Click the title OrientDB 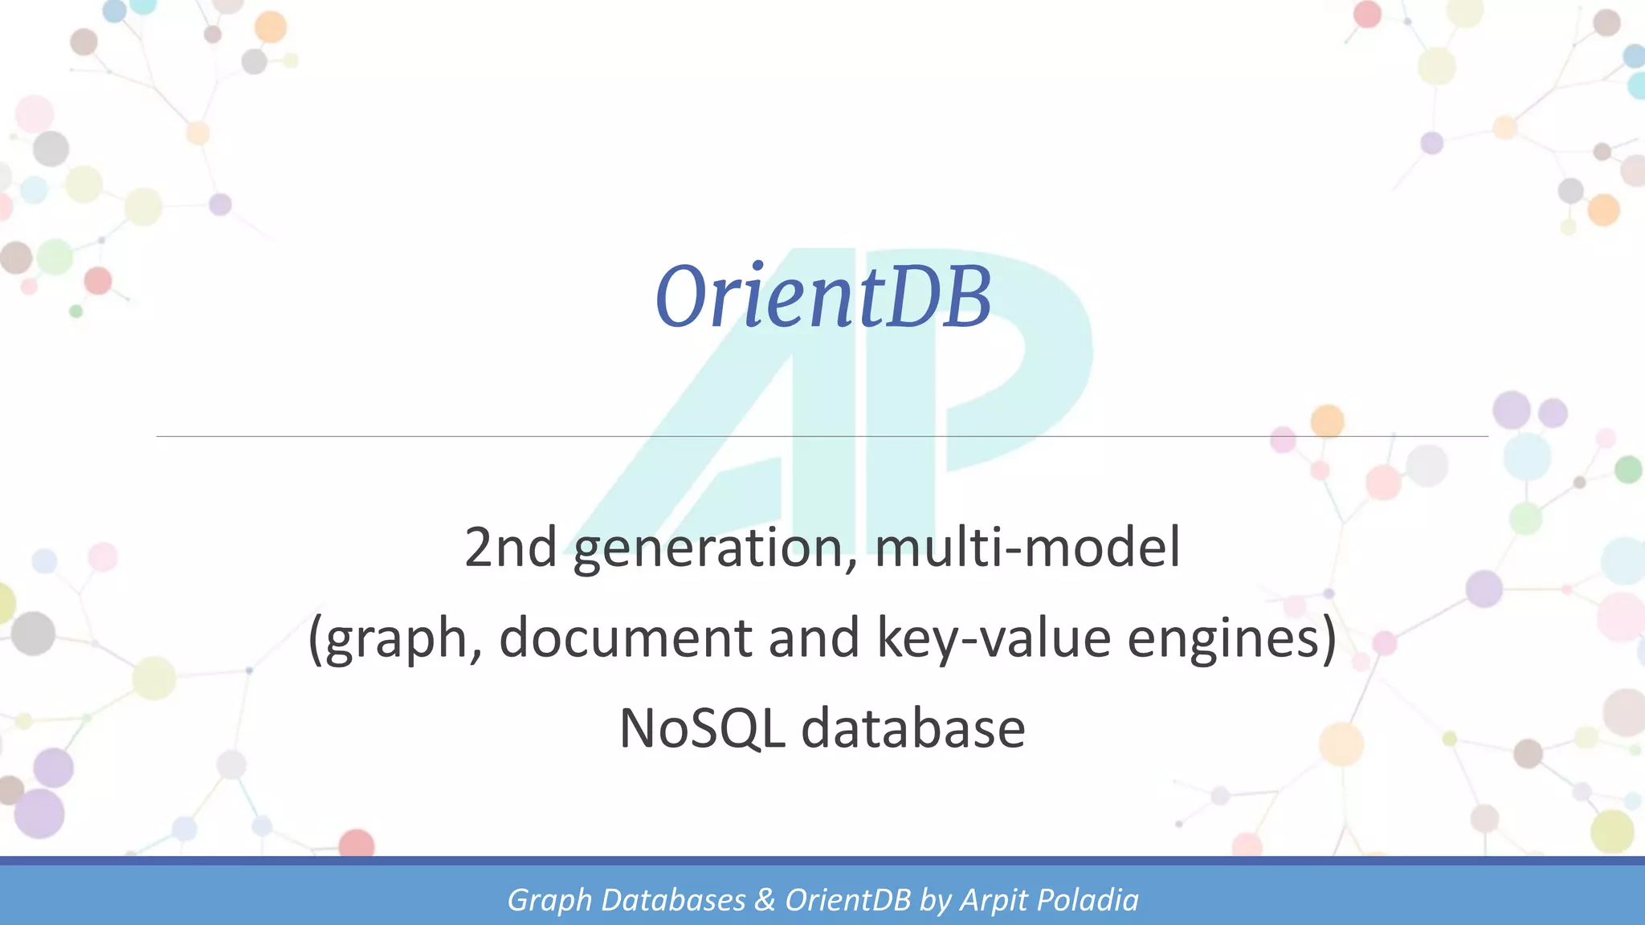[823, 297]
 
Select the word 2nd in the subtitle [510, 548]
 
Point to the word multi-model [1027, 548]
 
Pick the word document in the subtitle [626, 638]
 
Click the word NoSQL [701, 729]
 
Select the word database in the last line [913, 729]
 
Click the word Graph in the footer [549, 901]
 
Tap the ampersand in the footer [765, 900]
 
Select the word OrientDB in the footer [848, 900]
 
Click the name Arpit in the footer [994, 901]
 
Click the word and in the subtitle [814, 638]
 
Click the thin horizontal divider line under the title [482, 436]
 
